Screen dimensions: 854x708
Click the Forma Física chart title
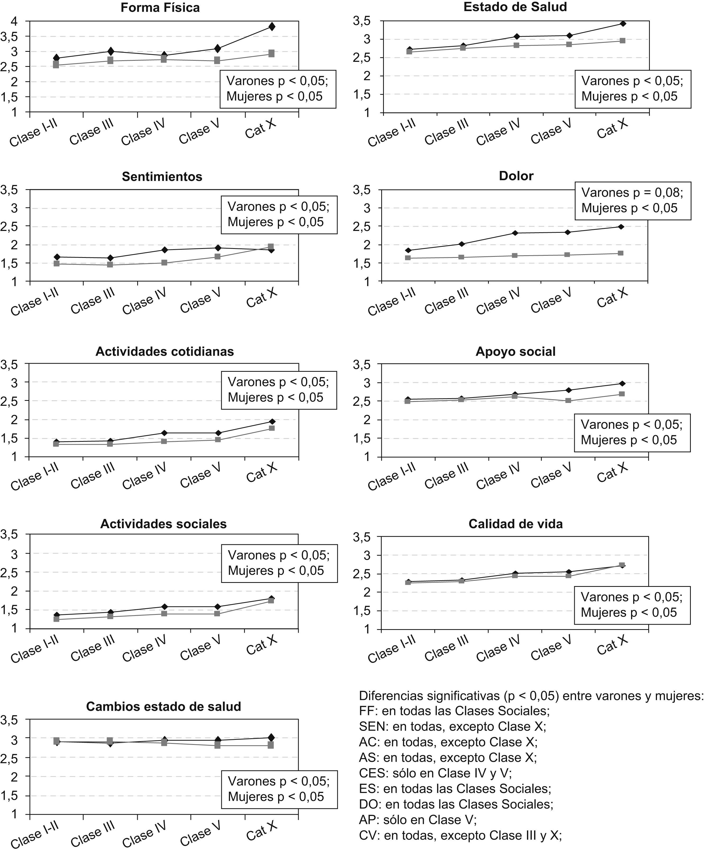pos(160,8)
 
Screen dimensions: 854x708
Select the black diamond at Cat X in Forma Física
pos(272,27)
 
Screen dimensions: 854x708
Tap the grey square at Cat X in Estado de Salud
pos(622,41)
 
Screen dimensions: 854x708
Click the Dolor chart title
pos(516,176)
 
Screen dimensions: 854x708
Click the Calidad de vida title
pos(516,524)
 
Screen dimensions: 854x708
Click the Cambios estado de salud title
pos(164,706)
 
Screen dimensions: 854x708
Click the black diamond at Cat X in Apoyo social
pos(622,383)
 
